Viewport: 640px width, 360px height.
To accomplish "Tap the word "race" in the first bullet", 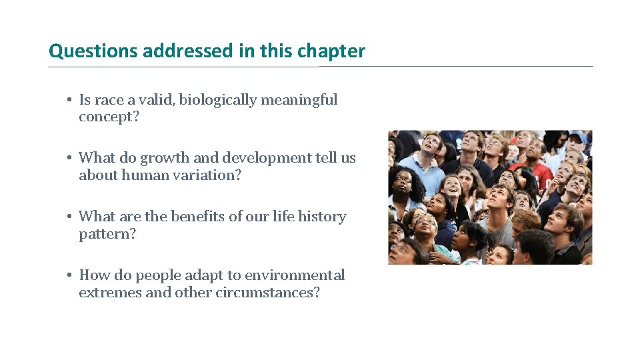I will (x=109, y=100).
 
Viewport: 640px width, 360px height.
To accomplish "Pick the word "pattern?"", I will (x=107, y=234).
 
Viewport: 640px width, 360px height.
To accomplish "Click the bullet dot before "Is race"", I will (x=69, y=100).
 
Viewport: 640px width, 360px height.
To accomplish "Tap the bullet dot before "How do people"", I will (x=69, y=275).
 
